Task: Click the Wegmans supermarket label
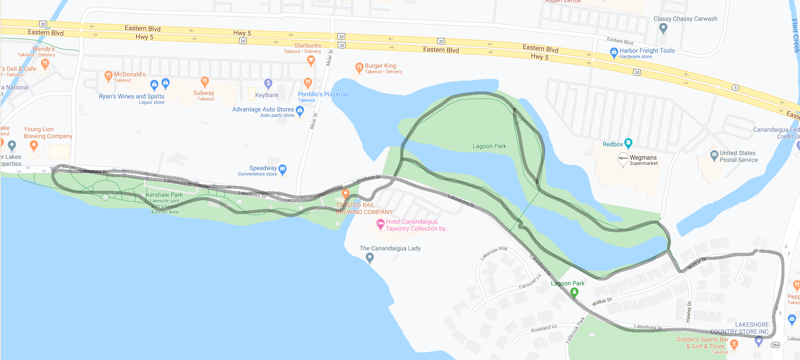(x=643, y=158)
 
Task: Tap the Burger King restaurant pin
(x=359, y=67)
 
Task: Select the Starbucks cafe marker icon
(x=310, y=61)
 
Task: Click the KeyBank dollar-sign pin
(x=268, y=83)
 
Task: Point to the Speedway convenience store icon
(x=283, y=169)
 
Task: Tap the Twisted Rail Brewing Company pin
(x=345, y=193)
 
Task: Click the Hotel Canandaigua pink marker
(x=380, y=224)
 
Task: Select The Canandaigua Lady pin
(x=370, y=258)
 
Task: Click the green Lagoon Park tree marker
(x=574, y=292)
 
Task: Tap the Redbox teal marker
(x=628, y=143)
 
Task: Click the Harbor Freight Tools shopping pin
(x=614, y=53)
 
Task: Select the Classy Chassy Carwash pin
(x=664, y=28)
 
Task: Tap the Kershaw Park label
(x=164, y=195)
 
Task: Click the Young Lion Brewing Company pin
(x=34, y=146)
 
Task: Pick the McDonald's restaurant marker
(x=108, y=76)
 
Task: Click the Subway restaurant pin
(x=205, y=81)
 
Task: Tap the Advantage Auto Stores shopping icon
(x=300, y=111)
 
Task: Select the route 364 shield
(x=775, y=344)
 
